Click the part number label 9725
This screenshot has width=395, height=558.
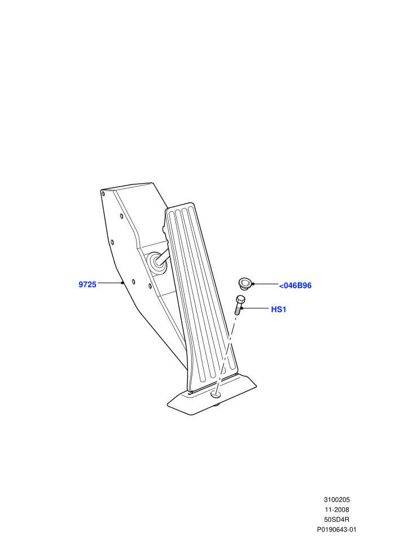(x=87, y=285)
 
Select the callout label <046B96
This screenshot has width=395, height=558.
(x=295, y=286)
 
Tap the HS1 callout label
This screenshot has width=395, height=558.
(x=279, y=309)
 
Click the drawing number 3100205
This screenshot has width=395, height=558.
(x=336, y=499)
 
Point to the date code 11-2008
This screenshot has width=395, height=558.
(x=337, y=510)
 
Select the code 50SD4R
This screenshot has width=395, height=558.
(x=336, y=520)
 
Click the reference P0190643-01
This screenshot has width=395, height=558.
(x=336, y=529)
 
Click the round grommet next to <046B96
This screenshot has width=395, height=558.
(x=244, y=284)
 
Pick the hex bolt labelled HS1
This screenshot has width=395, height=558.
(x=239, y=305)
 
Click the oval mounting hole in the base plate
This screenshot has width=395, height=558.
(x=216, y=394)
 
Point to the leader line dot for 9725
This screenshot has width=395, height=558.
(x=122, y=283)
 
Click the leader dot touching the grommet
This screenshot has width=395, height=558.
(x=253, y=284)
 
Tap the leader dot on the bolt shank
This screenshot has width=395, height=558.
(x=241, y=308)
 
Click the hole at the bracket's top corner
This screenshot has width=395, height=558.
(x=103, y=193)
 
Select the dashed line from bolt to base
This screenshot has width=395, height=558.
(x=226, y=353)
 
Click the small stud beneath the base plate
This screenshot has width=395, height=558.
(x=216, y=405)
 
